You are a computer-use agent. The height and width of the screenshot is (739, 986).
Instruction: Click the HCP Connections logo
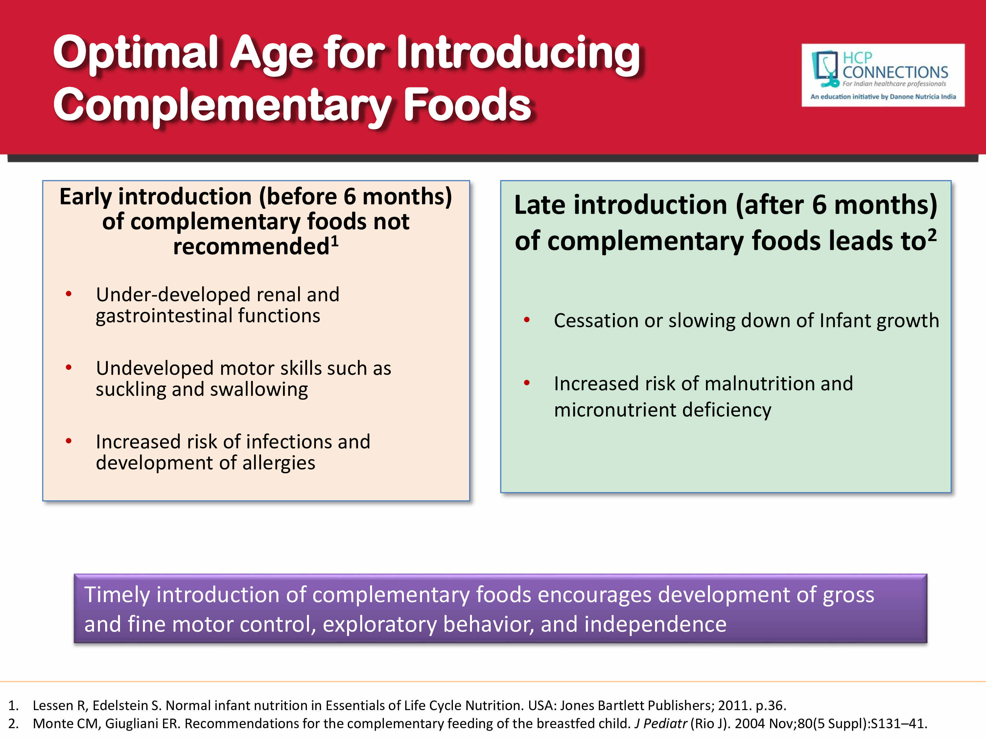[883, 75]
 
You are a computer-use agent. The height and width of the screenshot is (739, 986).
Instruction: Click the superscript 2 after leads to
[932, 235]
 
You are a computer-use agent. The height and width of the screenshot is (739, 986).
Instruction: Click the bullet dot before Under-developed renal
[69, 294]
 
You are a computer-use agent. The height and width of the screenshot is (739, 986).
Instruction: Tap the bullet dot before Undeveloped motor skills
[69, 368]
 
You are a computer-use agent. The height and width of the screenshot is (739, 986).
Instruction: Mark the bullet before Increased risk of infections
[69, 441]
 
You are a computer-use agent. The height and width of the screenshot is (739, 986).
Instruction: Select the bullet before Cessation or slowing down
[527, 319]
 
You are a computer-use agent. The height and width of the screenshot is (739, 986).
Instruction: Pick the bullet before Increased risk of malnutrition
[527, 383]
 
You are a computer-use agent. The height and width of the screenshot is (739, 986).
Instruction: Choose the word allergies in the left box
[279, 463]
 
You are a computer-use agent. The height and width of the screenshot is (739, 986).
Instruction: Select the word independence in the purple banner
[655, 624]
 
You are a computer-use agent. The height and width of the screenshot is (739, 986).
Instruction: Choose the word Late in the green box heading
[540, 205]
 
